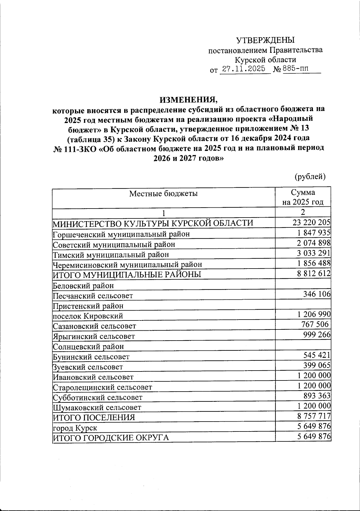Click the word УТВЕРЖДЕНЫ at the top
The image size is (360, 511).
point(265,40)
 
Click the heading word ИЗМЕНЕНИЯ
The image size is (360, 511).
point(188,99)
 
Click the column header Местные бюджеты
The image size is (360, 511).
point(163,194)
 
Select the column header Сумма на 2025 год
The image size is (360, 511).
point(303,197)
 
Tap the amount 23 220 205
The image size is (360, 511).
point(311,222)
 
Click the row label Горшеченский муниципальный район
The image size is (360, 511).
point(121,234)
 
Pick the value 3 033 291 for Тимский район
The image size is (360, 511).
point(313,253)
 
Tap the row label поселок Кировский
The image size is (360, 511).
point(88,316)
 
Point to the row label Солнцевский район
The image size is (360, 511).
point(88,347)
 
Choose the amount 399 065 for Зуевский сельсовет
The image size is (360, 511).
point(316,365)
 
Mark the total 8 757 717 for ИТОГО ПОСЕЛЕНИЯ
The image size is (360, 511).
point(314,416)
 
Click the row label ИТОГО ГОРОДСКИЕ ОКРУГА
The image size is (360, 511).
point(111,438)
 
